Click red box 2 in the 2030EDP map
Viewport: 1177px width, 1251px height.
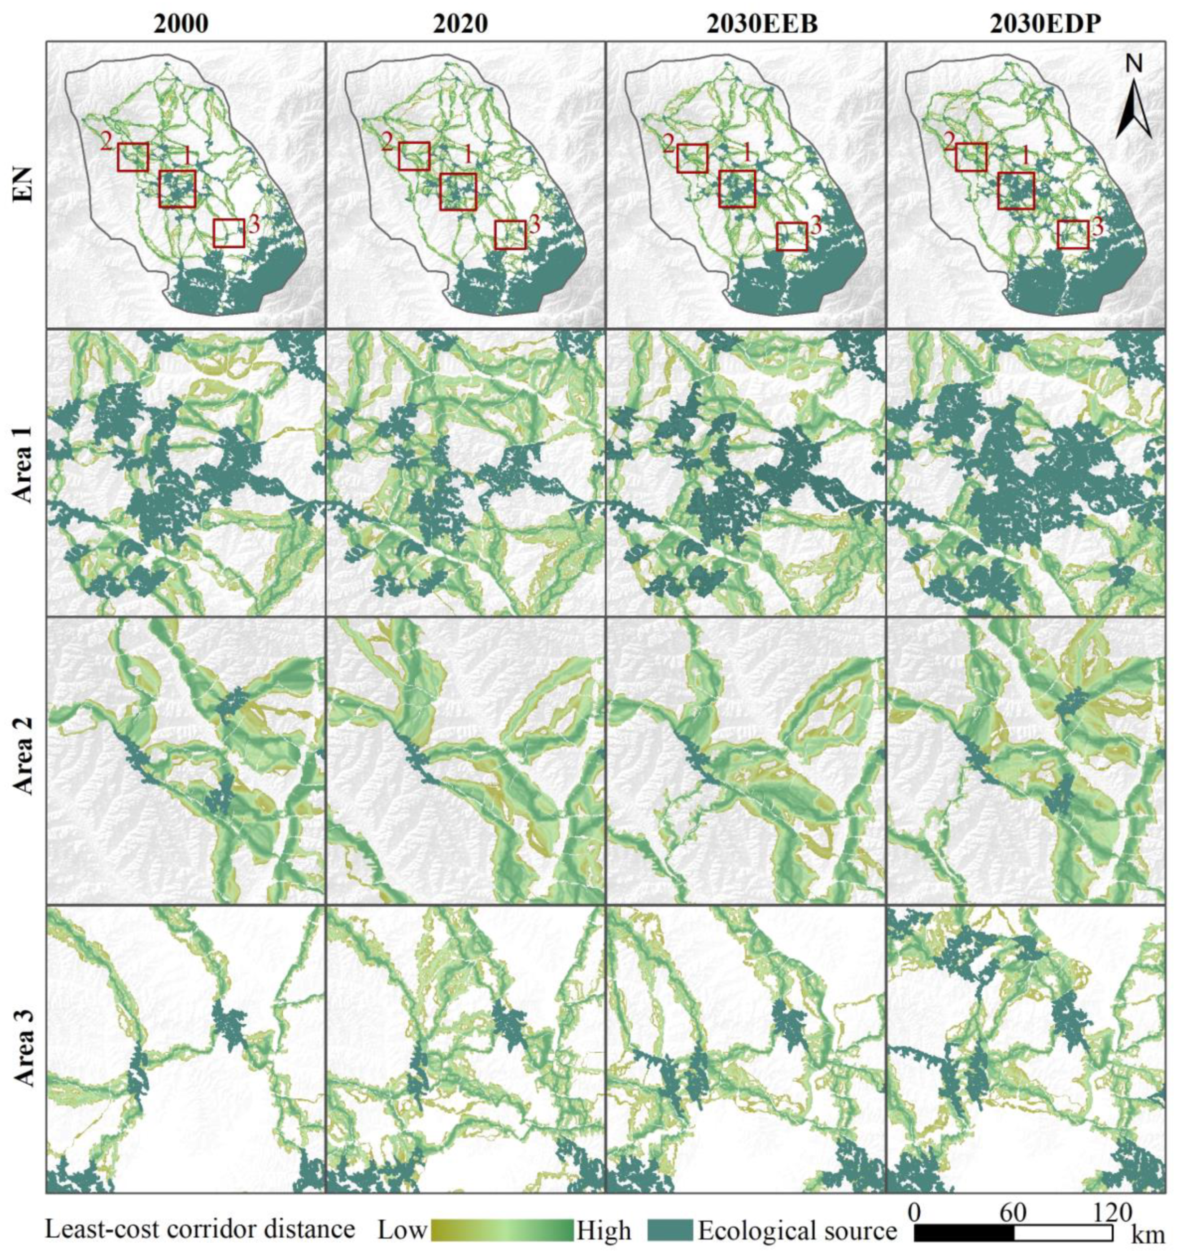(x=971, y=157)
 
